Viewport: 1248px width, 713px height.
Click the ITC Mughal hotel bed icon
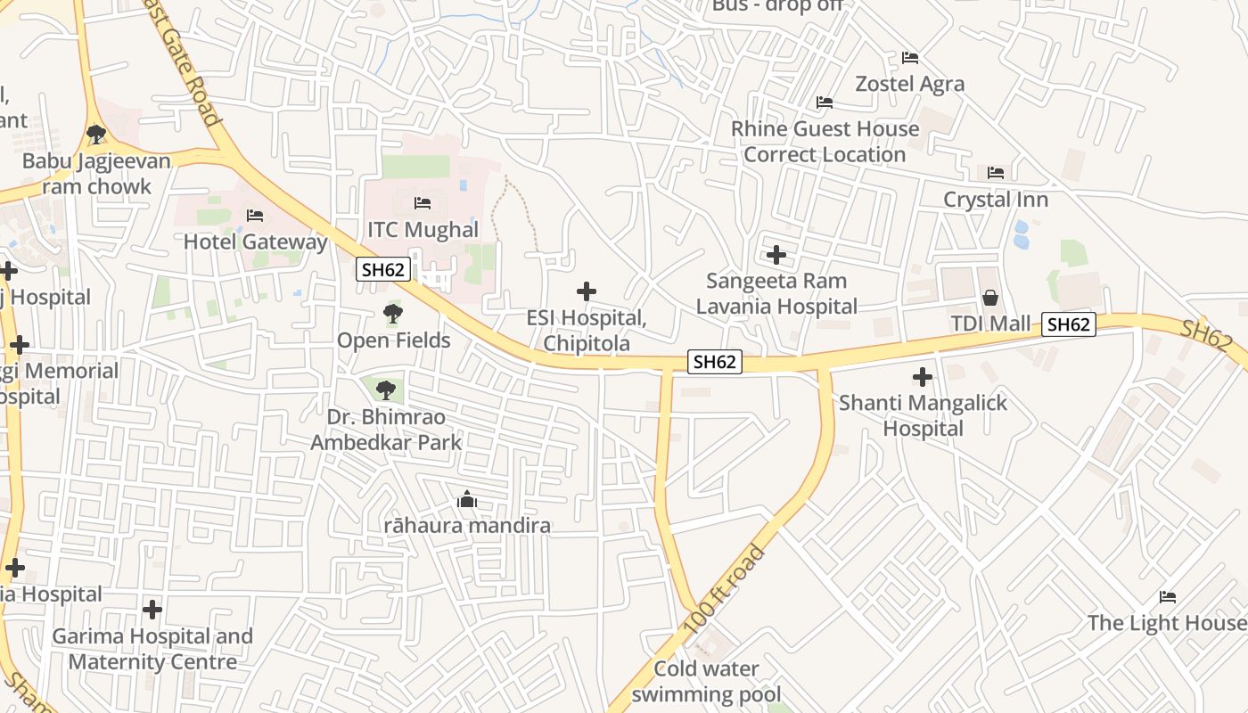(423, 203)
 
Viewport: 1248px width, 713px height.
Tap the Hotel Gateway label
(255, 242)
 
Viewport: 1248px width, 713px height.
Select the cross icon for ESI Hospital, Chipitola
(587, 291)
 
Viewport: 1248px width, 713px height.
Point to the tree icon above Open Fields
(392, 314)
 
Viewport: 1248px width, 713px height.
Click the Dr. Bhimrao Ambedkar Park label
(386, 430)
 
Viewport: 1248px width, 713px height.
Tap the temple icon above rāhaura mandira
(466, 500)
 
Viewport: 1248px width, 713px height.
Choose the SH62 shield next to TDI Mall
(1068, 324)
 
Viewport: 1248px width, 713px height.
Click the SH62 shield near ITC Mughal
(383, 269)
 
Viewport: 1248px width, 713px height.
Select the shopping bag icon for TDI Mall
(989, 298)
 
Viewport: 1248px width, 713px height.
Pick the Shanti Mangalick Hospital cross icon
(923, 377)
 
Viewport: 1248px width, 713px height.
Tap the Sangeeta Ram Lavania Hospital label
(776, 293)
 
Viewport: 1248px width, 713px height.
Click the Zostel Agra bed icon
(909, 58)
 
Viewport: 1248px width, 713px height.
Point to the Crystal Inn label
(996, 200)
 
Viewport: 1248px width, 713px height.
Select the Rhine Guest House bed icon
(825, 102)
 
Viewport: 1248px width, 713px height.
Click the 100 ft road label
(724, 591)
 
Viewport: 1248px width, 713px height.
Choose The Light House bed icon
(1168, 597)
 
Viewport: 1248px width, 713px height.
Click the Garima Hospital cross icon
(152, 610)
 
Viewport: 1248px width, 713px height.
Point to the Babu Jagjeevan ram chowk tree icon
(96, 135)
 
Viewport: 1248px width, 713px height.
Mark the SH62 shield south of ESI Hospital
(715, 361)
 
